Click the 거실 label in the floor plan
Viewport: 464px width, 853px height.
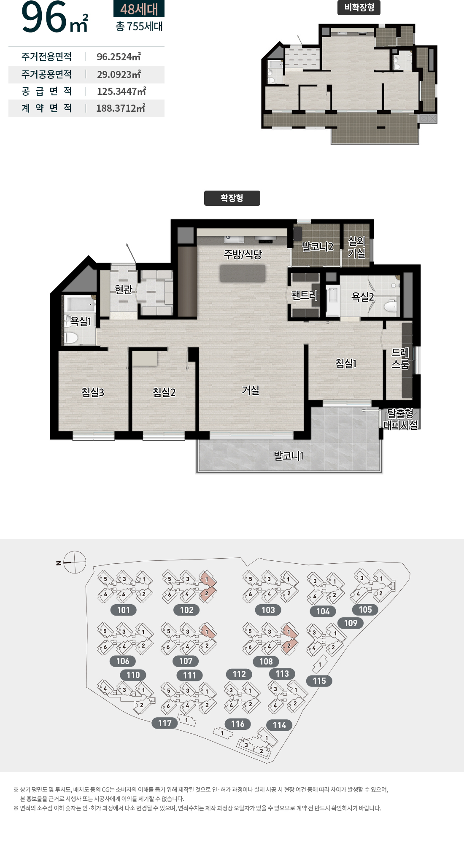[251, 390]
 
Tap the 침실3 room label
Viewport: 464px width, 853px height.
[93, 392]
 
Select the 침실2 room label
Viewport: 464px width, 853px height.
[164, 392]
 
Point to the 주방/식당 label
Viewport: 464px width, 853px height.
[243, 254]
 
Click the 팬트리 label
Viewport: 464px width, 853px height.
[304, 295]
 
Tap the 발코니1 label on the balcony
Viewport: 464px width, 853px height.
[289, 455]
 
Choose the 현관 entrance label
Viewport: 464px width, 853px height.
[124, 289]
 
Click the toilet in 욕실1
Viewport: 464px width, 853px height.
[71, 338]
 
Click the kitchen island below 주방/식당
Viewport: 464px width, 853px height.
[243, 274]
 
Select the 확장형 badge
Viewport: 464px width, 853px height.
[232, 198]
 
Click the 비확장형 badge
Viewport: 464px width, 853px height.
[359, 8]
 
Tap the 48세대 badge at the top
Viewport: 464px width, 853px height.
[139, 9]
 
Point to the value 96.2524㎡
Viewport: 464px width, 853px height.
[119, 57]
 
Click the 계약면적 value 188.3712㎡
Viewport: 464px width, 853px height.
[121, 108]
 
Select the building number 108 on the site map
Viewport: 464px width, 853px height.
[266, 661]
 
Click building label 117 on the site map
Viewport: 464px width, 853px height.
[165, 723]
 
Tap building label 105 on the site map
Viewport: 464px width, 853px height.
[365, 609]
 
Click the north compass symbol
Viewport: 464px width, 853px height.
[75, 562]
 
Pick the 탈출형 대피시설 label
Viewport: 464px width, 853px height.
[400, 419]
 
